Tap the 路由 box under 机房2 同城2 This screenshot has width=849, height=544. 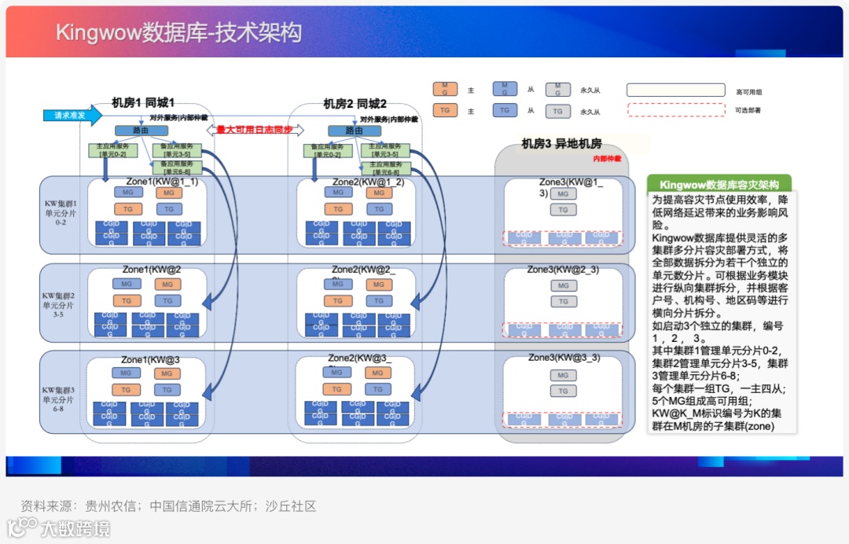click(x=355, y=130)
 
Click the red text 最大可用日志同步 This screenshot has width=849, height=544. click(x=255, y=130)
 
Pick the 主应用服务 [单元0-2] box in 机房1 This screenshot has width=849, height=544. click(x=112, y=150)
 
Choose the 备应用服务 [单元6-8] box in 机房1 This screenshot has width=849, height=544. click(x=182, y=167)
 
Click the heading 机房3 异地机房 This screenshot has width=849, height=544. click(x=561, y=144)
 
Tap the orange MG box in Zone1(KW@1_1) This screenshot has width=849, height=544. click(x=168, y=193)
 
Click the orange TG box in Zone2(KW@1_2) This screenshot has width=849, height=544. click(x=337, y=209)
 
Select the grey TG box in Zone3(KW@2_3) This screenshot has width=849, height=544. click(x=563, y=301)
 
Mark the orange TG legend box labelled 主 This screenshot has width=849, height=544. click(x=445, y=111)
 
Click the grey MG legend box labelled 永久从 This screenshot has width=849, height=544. click(x=558, y=89)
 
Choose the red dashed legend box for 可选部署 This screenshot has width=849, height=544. click(x=675, y=110)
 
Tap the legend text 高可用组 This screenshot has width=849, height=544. click(x=748, y=92)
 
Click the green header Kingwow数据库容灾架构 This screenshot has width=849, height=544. click(x=719, y=185)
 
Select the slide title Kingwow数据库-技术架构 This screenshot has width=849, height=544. click(x=178, y=32)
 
